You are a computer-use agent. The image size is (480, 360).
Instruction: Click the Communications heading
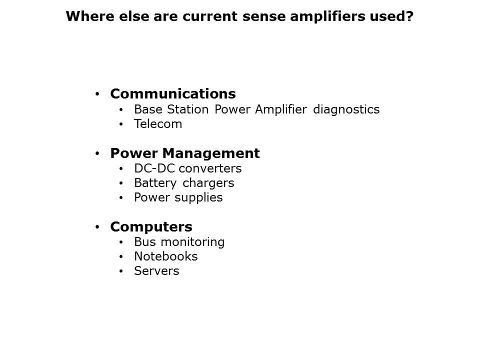click(172, 94)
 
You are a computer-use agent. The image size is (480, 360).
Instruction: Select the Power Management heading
click(184, 153)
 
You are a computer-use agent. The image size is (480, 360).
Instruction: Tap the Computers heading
click(151, 227)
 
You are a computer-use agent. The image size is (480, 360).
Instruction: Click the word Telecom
click(158, 124)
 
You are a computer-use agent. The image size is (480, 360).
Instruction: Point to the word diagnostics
click(346, 109)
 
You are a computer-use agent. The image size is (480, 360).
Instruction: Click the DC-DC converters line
click(187, 168)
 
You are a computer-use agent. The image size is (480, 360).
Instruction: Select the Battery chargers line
click(183, 183)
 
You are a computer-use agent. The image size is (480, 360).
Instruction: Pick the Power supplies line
click(178, 197)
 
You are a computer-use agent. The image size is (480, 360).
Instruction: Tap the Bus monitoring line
click(179, 242)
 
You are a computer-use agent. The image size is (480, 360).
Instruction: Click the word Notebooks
click(165, 256)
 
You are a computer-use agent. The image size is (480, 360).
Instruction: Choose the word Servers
click(156, 271)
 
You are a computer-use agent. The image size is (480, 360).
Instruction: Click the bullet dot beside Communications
click(97, 94)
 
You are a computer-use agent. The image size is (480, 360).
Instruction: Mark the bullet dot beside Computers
click(97, 227)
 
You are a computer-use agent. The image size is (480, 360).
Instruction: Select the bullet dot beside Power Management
click(97, 153)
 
